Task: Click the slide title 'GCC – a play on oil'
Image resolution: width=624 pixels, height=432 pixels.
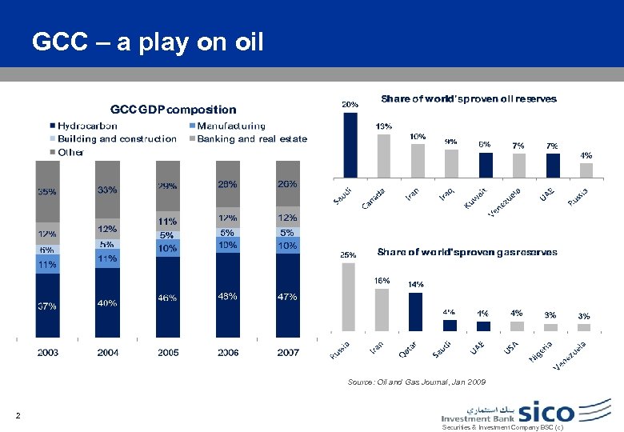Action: coord(147,42)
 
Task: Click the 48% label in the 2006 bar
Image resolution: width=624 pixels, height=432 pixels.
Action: coord(228,296)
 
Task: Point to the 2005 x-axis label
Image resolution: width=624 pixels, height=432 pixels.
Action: coord(168,352)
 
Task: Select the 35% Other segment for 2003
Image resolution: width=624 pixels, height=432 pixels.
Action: coord(47,192)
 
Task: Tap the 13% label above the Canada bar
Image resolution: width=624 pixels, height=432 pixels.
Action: coord(383,126)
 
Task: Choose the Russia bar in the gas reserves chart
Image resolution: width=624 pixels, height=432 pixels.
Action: coord(348,297)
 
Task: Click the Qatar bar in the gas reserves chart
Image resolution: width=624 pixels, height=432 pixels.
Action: coord(415,311)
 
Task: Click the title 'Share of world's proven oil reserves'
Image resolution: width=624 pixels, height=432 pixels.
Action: coord(469,99)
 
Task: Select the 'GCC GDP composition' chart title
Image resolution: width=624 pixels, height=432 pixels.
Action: coord(173,110)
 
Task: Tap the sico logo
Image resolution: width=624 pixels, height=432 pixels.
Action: coord(546,412)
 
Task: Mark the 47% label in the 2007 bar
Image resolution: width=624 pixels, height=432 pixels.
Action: coord(287,297)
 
